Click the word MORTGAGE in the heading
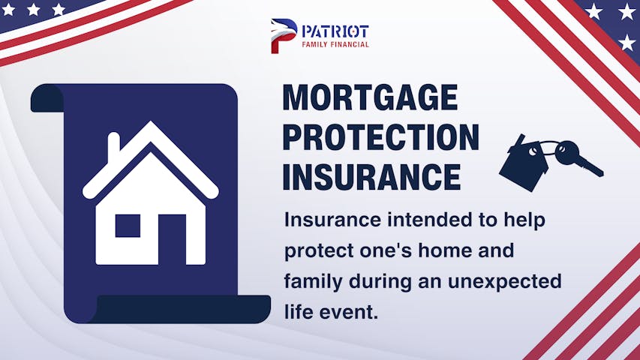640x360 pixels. tap(370, 97)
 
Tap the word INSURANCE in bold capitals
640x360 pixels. tap(371, 177)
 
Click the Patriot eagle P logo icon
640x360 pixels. tap(284, 36)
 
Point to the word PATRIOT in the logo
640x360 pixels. tap(335, 31)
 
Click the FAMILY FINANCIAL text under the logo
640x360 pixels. tap(335, 44)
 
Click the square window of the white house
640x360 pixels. tap(128, 226)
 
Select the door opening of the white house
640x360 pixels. tap(172, 239)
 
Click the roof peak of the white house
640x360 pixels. tap(151, 122)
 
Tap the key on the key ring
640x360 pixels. tap(578, 157)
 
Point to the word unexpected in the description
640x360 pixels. tap(504, 282)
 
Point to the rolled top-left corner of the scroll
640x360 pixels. tap(47, 98)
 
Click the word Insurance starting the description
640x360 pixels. tap(332, 220)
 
